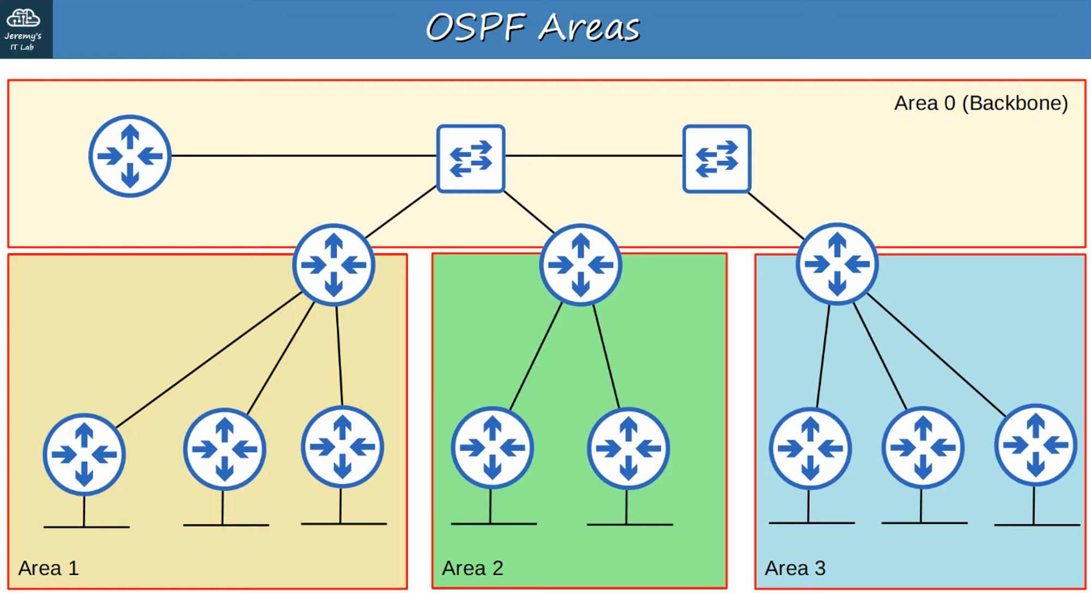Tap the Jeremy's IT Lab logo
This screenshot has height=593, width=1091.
coord(23,28)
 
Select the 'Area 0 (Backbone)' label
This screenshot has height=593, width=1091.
coord(980,103)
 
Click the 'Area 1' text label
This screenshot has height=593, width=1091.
coord(49,568)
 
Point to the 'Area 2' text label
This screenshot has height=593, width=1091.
coord(472,568)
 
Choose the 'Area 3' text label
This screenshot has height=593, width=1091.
coord(795,568)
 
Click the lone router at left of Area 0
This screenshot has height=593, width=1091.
coord(130,156)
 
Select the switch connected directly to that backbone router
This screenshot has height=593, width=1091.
coord(471,159)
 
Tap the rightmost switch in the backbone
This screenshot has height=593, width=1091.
coord(717,159)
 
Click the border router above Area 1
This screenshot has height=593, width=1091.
coord(333,265)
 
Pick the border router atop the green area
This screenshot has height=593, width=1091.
coord(580,265)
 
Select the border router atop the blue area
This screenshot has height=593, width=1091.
coord(837,264)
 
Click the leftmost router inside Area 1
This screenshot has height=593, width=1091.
coord(84,454)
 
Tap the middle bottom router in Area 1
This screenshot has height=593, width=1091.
coord(224,449)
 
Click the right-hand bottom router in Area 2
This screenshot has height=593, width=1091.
coord(628,448)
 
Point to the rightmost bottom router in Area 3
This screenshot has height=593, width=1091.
coord(1035,445)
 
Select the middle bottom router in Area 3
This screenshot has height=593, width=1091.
coord(922,447)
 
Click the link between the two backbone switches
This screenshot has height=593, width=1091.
coord(594,156)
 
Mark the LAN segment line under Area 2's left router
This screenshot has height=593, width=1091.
coord(494,524)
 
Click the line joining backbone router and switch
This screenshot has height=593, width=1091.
coord(303,156)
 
